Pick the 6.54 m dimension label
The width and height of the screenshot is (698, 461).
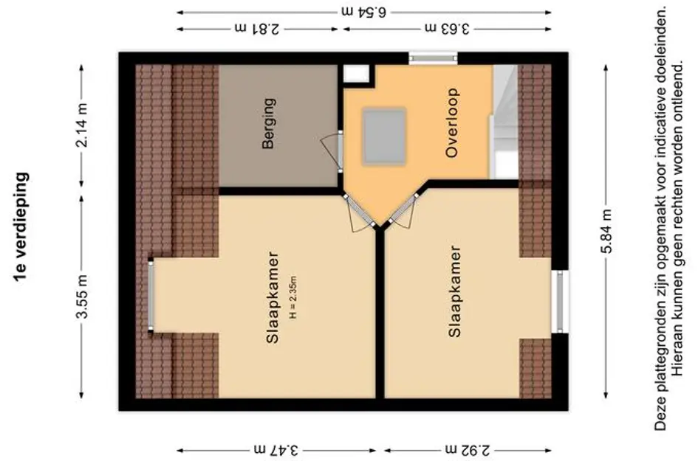pos(364,12)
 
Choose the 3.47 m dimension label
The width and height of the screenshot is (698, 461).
pos(277,448)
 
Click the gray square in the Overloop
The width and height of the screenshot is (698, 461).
pos(383,136)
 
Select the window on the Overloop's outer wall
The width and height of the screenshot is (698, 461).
pos(434,58)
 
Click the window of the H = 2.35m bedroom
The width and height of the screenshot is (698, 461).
pos(151,295)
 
